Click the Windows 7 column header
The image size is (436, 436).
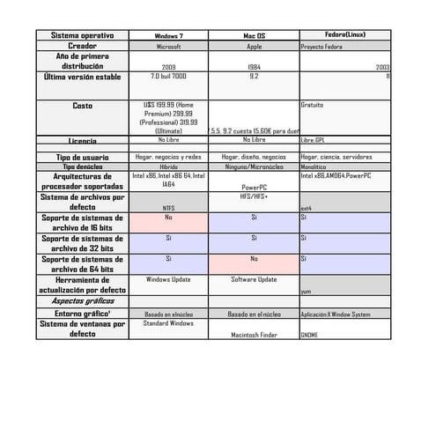168,36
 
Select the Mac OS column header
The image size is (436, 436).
254,36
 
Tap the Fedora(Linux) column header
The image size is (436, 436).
345,34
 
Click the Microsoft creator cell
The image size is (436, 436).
168,46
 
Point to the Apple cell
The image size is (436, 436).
254,46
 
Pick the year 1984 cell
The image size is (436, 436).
254,67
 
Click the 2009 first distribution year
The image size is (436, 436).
168,67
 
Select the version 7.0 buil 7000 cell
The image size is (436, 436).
168,77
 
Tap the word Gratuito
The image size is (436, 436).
313,105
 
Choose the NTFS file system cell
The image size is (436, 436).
168,209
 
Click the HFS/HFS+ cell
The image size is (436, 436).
254,197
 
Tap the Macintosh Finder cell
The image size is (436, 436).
254,335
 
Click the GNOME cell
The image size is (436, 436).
310,335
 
